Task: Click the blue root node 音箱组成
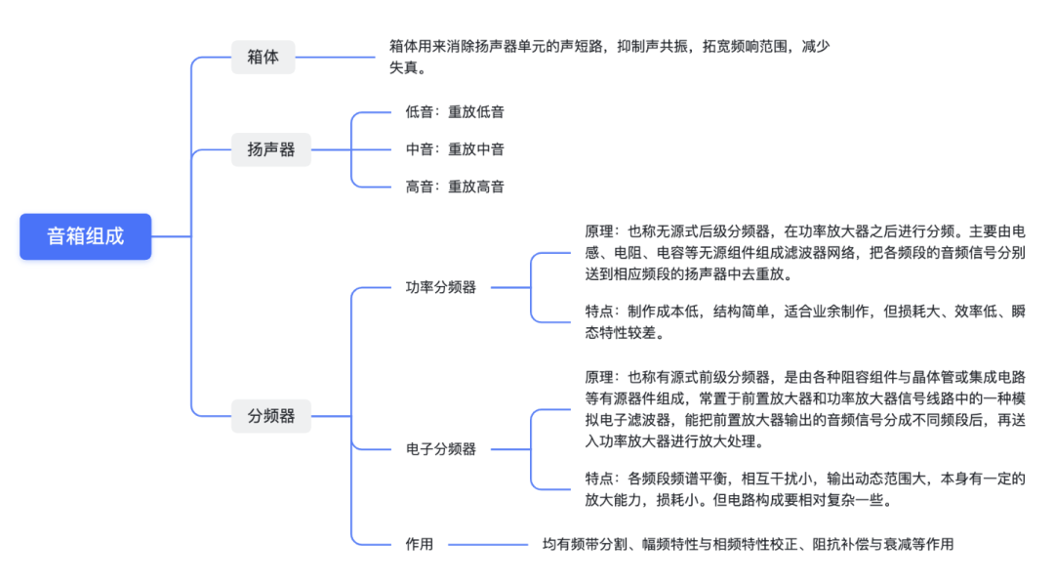(x=86, y=236)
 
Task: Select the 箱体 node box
(x=263, y=57)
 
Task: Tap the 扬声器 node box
(x=270, y=149)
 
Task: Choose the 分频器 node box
(x=270, y=416)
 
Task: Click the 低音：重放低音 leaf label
(x=455, y=112)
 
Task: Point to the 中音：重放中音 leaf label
(x=455, y=149)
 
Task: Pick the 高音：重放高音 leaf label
(x=455, y=187)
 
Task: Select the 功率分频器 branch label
(x=441, y=288)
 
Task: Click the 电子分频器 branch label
(x=441, y=449)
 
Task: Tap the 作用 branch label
(x=420, y=544)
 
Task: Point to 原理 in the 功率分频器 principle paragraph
(x=599, y=232)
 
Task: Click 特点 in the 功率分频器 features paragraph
(x=599, y=312)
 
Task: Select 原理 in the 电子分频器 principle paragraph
(x=599, y=377)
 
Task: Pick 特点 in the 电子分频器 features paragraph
(x=599, y=479)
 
